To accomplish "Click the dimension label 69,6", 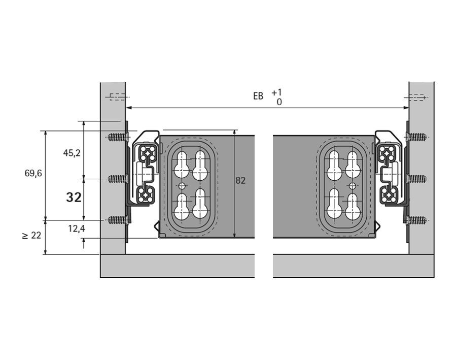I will click(33, 173).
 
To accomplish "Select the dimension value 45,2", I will click(72, 153).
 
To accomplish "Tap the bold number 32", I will click(74, 198).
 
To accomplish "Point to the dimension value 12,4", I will click(77, 229).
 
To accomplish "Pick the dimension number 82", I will click(240, 180).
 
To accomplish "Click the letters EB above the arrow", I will click(258, 96).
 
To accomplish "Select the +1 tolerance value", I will click(276, 92).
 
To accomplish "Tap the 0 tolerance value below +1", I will click(279, 102).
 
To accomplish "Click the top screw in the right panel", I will click(417, 137).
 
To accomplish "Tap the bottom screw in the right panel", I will click(417, 220).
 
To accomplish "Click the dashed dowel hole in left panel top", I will click(116, 97).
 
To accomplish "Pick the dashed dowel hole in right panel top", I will click(417, 97).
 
